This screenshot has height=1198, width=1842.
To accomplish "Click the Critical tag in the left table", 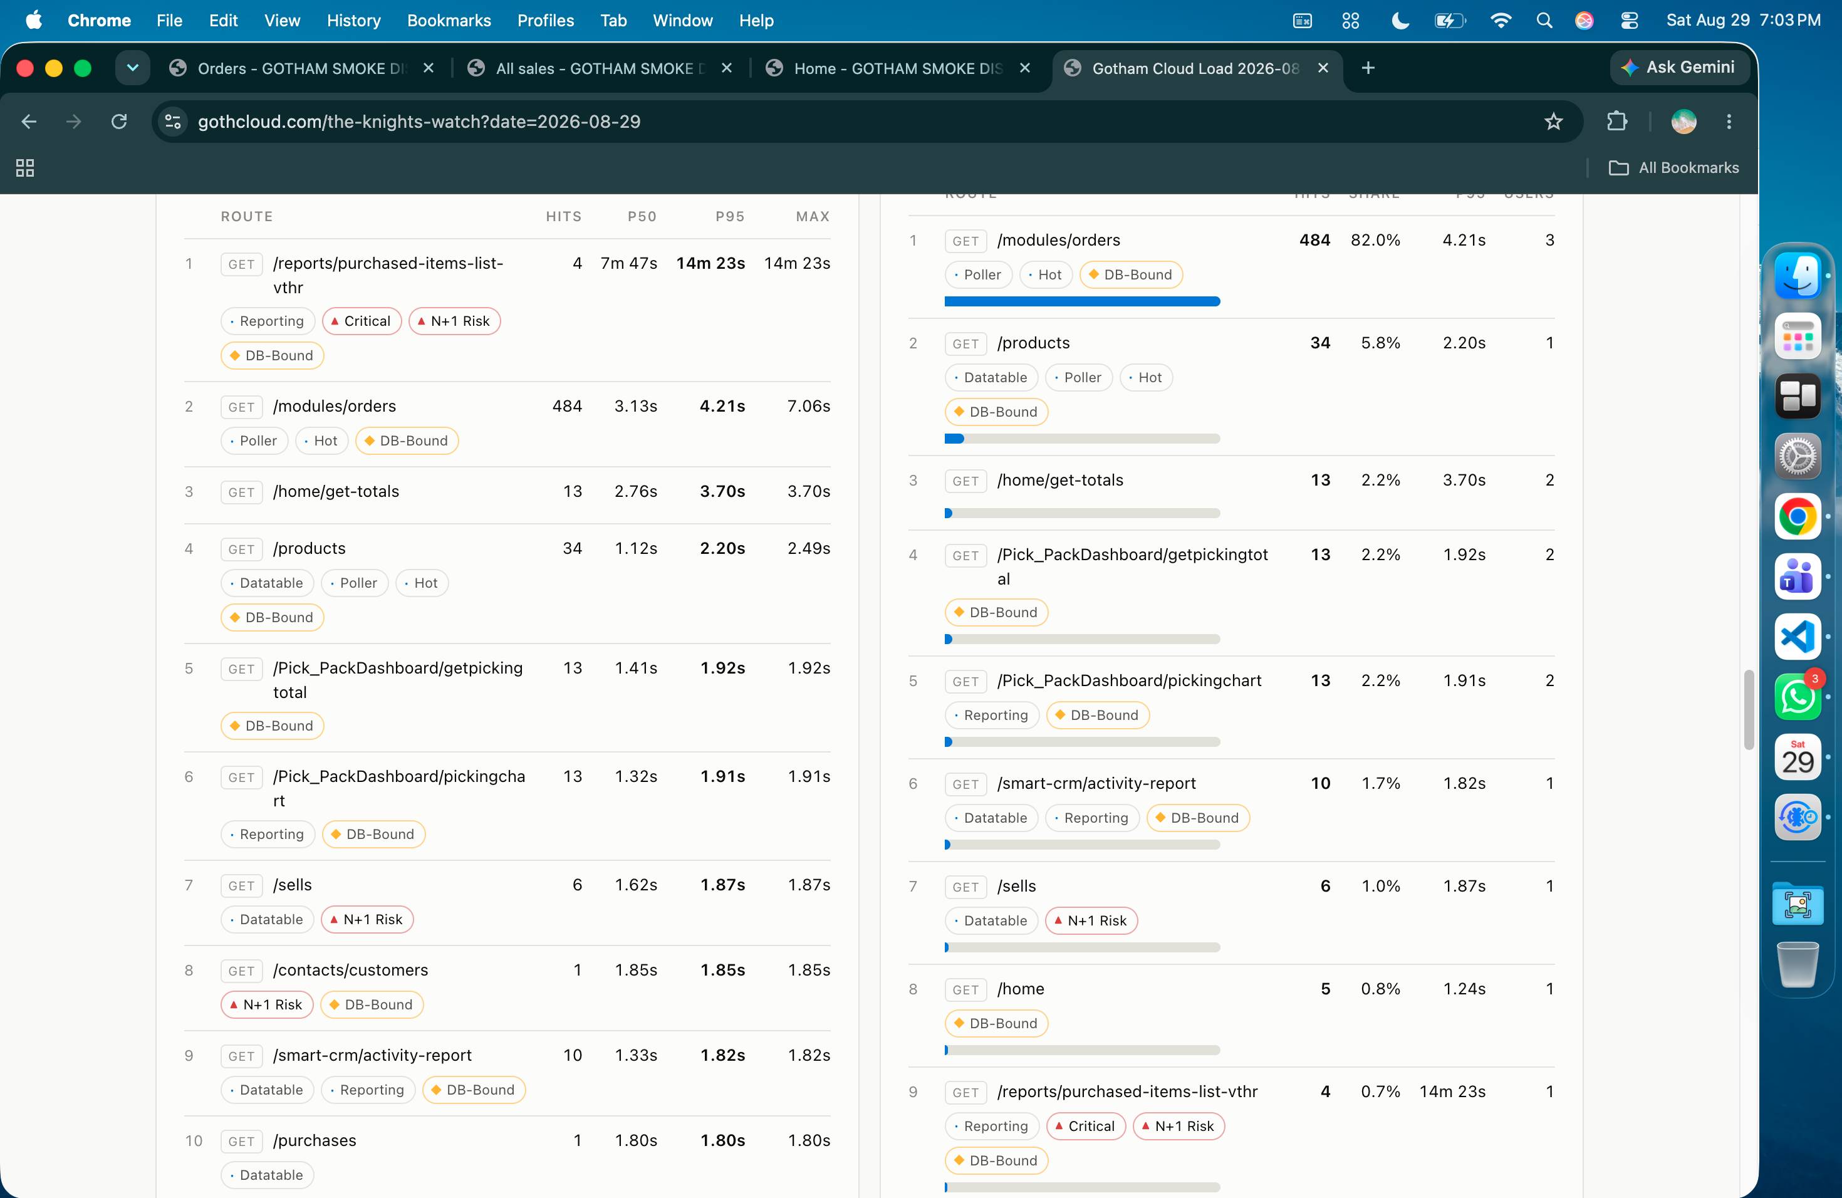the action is click(x=362, y=321).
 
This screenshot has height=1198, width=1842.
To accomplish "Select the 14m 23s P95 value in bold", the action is click(x=710, y=263).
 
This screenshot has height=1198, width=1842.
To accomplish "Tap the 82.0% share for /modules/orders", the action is click(x=1375, y=240).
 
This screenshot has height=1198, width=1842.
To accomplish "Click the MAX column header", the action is click(x=813, y=217).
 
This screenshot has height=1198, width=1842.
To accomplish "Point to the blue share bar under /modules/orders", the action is click(x=1082, y=301).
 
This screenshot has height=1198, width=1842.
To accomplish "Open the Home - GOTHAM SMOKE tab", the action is click(x=898, y=68).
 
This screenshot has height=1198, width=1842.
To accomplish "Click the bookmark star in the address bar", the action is click(x=1553, y=122).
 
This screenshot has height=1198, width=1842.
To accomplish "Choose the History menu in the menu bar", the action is click(x=354, y=20).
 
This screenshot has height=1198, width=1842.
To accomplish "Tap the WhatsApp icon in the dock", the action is click(x=1797, y=695).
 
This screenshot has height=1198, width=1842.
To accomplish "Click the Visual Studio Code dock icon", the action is click(x=1797, y=636).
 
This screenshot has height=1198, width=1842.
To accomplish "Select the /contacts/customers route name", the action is click(x=350, y=970).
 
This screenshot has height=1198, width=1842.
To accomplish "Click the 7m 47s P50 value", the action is click(x=628, y=263).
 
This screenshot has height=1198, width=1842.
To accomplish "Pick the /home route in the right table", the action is click(x=1020, y=989).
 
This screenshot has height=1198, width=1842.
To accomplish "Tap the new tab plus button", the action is click(x=1368, y=68).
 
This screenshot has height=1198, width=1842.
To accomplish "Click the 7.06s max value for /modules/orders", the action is click(x=808, y=406).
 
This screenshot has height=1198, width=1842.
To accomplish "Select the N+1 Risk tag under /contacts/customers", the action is click(x=267, y=1004).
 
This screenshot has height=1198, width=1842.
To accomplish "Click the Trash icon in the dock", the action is click(x=1797, y=964).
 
